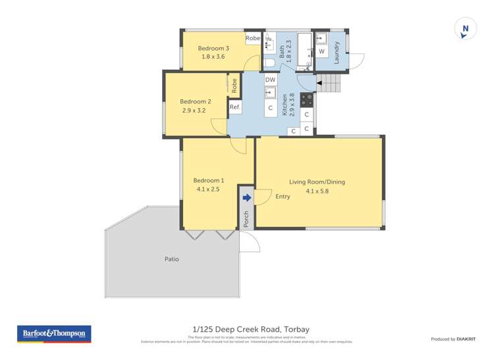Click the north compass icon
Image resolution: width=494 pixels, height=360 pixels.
pos(465,29)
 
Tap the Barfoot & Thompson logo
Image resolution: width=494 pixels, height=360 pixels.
pos(54,334)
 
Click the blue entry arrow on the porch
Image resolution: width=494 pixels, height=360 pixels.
pos(246,197)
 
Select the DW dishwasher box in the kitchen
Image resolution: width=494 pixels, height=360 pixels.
pos(270,80)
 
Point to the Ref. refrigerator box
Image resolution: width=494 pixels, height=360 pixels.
pos(235,107)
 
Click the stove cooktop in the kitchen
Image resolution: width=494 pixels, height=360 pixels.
pos(307,99)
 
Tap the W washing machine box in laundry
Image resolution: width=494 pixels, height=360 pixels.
pos(321,51)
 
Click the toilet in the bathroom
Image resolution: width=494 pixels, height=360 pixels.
pos(268,63)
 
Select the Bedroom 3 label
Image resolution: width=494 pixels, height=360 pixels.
pos(213,48)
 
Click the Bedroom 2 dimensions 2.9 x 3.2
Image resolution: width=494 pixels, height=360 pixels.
pos(195,111)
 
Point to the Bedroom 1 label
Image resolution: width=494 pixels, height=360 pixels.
pos(208,180)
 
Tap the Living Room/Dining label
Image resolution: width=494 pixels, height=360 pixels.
pos(317,182)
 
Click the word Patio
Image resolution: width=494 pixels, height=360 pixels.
pos(171,259)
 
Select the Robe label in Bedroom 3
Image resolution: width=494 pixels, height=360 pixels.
pos(253,39)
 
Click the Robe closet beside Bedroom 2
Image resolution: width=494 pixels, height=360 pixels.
pos(234,85)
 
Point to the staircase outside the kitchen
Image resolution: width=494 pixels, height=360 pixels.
pos(331,84)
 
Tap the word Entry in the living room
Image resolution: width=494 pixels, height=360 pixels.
pos(283,196)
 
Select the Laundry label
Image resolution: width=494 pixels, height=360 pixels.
pos(337,51)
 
